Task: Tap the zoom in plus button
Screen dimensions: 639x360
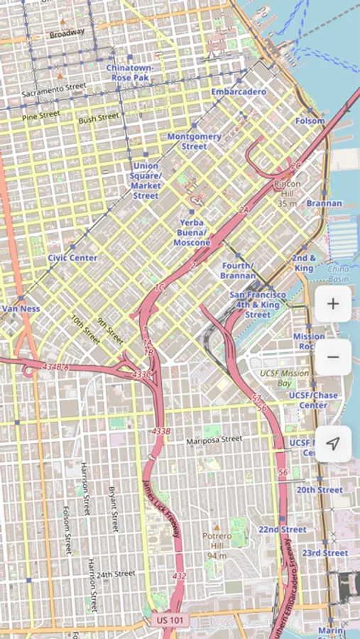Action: click(x=332, y=305)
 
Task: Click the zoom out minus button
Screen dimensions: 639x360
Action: click(x=332, y=357)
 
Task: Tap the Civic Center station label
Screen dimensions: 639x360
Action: click(x=72, y=258)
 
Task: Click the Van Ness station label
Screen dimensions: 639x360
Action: click(x=21, y=309)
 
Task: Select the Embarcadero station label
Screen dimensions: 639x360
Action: click(x=239, y=92)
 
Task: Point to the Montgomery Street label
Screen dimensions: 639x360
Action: click(x=194, y=141)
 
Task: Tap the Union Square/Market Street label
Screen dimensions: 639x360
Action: click(x=146, y=181)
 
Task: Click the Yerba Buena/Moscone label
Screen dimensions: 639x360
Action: click(x=192, y=232)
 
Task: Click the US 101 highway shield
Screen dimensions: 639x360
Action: click(x=170, y=620)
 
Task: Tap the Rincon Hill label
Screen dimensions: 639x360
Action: click(x=287, y=189)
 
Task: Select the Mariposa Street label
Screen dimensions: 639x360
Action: click(x=214, y=440)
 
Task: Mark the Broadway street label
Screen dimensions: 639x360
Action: click(x=67, y=32)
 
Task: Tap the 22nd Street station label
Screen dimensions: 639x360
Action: click(x=283, y=530)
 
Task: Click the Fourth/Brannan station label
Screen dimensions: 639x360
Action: click(x=238, y=271)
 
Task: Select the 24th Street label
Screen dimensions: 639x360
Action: click(x=116, y=574)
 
